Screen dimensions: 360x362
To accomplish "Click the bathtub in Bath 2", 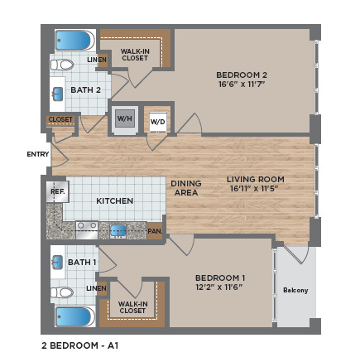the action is click(75, 41).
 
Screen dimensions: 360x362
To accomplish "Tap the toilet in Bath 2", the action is click(62, 65).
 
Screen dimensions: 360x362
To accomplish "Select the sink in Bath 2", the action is click(58, 94).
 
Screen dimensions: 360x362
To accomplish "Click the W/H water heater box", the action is click(125, 118).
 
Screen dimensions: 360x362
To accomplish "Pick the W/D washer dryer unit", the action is click(158, 122).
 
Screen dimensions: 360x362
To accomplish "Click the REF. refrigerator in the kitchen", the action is click(57, 191).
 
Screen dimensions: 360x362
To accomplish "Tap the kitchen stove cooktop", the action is click(87, 230).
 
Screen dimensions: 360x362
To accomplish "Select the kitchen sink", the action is click(118, 231).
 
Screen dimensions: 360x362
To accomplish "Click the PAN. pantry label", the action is click(155, 231).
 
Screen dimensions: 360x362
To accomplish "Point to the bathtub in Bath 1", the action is click(75, 316).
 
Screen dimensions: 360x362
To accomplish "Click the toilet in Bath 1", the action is click(62, 292).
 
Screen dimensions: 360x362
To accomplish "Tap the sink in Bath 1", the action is click(57, 263).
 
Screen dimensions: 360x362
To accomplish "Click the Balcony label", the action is click(295, 290).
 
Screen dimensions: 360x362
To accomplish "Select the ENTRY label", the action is click(38, 154).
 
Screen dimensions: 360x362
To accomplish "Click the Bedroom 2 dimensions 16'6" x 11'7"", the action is click(242, 84).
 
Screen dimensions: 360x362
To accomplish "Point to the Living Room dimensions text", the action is click(253, 189).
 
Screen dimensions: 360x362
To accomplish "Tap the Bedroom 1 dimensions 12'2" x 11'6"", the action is click(219, 287).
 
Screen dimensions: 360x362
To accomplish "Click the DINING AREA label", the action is click(186, 188).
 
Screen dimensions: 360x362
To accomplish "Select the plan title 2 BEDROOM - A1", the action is click(80, 345).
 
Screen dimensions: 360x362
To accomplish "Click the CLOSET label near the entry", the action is click(60, 119).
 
